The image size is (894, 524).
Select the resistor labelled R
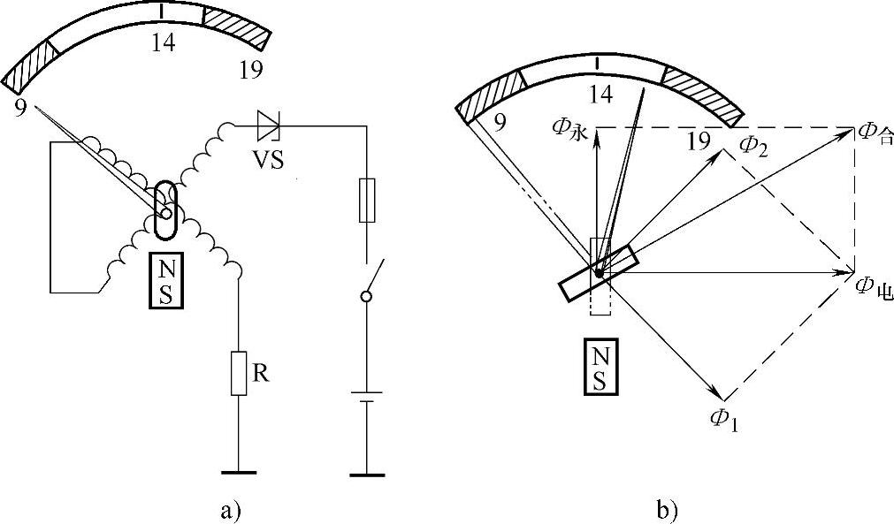[x=238, y=373]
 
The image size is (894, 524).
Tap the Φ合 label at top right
[x=875, y=134]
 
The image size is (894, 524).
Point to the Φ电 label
[x=875, y=286]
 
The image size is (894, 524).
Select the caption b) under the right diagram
[x=666, y=509]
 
